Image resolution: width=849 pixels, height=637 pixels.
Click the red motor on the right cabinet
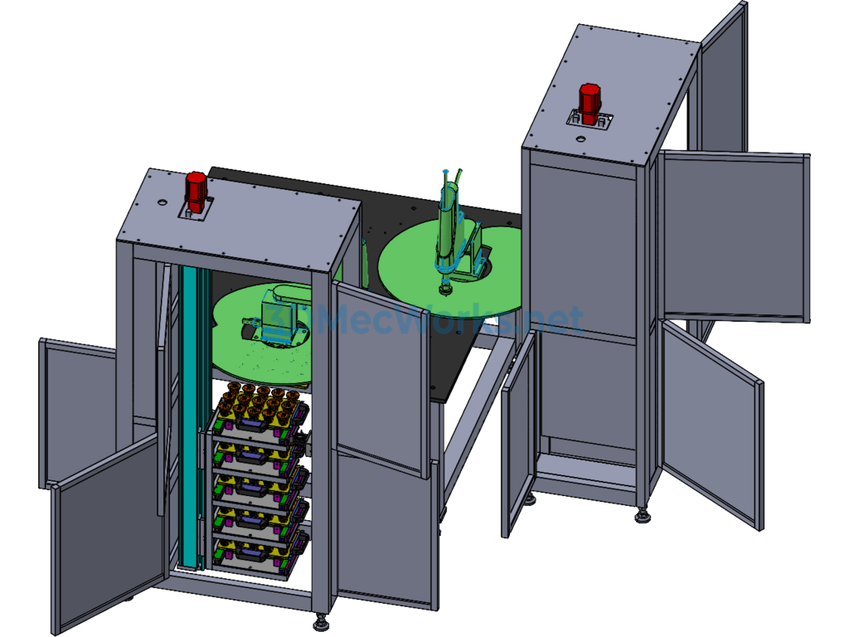pyautogui.click(x=589, y=103)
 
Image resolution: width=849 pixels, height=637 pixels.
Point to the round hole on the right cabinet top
pyautogui.click(x=580, y=139)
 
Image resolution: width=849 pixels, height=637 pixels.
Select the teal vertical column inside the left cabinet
pyautogui.click(x=191, y=417)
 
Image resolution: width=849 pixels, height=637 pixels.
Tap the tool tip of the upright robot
pyautogui.click(x=445, y=293)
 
